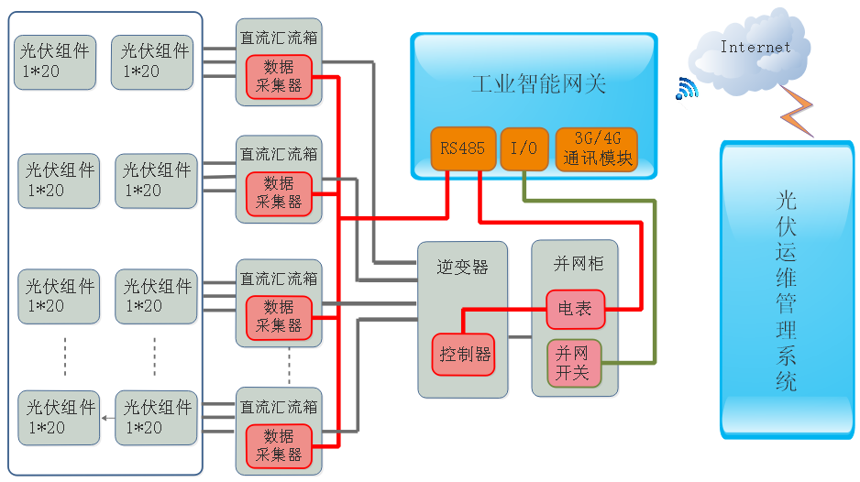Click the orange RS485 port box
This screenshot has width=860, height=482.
click(x=463, y=148)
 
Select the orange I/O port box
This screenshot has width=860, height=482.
click(x=524, y=148)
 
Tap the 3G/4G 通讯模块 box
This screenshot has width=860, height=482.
click(x=596, y=148)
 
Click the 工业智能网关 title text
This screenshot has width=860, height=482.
click(x=538, y=85)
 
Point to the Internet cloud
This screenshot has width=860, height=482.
click(x=754, y=50)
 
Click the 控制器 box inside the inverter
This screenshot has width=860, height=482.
click(x=464, y=354)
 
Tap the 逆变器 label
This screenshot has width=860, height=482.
click(x=462, y=267)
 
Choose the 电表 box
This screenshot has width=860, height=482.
click(x=575, y=309)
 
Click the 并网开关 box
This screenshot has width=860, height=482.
click(x=575, y=363)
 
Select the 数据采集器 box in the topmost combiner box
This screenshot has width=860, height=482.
click(x=279, y=77)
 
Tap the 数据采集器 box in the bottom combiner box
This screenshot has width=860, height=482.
click(x=279, y=444)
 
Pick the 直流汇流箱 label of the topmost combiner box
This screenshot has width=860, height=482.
click(x=279, y=38)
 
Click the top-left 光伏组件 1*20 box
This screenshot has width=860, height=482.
click(x=54, y=61)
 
